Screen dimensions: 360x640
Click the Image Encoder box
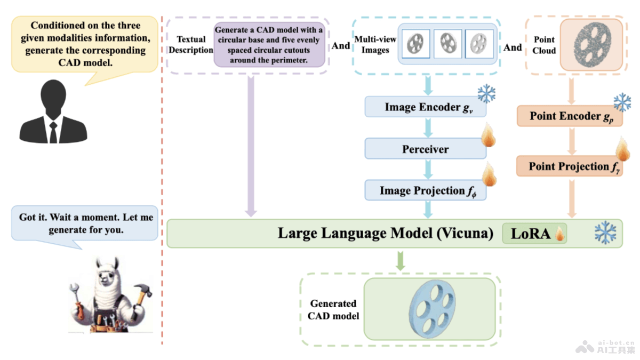(425, 107)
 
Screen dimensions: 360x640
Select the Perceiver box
(425, 149)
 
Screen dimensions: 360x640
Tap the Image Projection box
(425, 190)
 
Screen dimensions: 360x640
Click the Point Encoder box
(569, 116)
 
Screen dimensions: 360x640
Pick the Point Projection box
(569, 166)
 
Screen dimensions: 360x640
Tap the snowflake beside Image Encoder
(486, 94)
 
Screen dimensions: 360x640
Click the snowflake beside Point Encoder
(622, 102)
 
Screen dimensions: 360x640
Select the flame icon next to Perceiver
(489, 135)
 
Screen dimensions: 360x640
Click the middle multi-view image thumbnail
(447, 44)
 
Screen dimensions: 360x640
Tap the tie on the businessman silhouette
(53, 131)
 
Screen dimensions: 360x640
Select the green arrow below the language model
(401, 261)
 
